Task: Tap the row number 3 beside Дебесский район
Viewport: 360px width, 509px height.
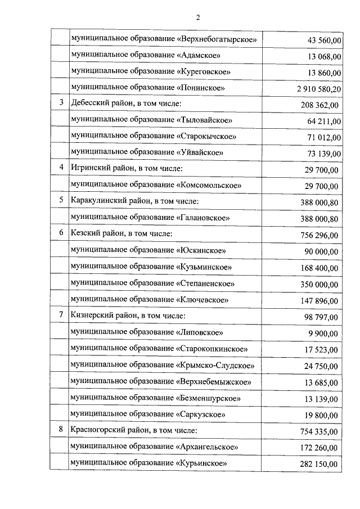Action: [61, 104]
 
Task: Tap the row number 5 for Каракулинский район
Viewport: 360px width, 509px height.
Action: [61, 201]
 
